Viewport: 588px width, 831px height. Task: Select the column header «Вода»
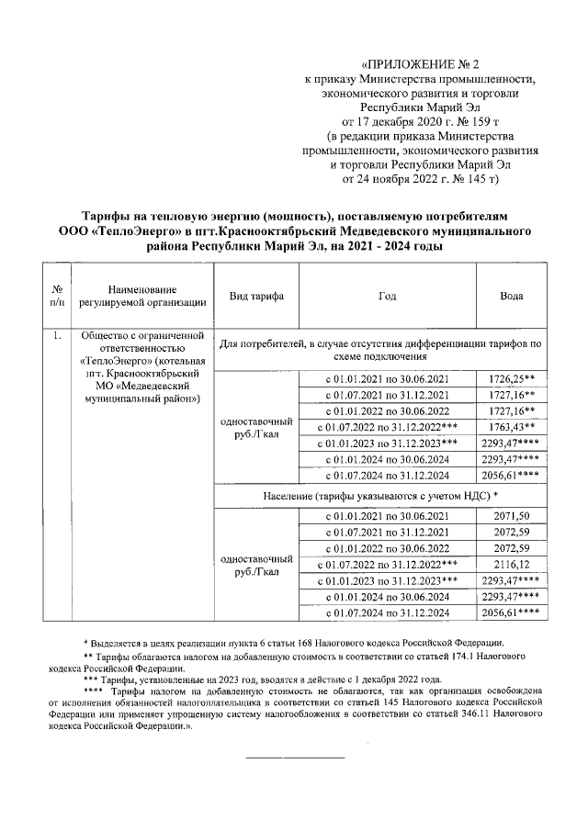coord(512,296)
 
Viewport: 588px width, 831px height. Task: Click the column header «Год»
coord(387,296)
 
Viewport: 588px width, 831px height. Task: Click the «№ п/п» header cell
coord(57,296)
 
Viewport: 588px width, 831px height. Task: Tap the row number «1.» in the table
coord(57,335)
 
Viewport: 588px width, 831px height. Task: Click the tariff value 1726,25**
coord(514,378)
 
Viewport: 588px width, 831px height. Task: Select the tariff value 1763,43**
coord(514,427)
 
